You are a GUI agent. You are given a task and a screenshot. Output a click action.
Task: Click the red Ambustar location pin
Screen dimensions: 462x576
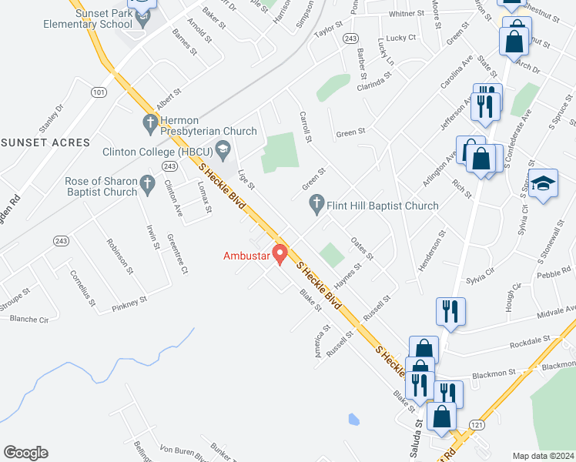click(280, 253)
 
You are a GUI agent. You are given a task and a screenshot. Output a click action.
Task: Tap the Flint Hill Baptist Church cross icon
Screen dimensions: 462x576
click(316, 205)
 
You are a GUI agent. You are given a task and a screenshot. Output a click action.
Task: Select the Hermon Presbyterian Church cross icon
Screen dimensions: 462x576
click(150, 122)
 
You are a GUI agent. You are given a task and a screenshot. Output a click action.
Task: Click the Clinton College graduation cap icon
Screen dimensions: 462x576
click(223, 148)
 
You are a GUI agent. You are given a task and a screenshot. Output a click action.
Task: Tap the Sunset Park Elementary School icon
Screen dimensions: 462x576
click(141, 17)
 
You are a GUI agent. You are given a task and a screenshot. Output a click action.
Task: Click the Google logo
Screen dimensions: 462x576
click(25, 453)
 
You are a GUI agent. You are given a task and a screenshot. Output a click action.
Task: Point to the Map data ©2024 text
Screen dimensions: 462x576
click(543, 456)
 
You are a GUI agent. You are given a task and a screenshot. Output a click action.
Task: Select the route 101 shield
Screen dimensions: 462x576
click(98, 92)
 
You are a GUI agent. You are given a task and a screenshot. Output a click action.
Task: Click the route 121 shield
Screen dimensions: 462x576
click(478, 424)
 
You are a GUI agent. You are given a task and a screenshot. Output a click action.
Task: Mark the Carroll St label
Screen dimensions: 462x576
click(305, 128)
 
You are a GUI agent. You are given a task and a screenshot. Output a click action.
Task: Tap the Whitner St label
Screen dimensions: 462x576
click(407, 14)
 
